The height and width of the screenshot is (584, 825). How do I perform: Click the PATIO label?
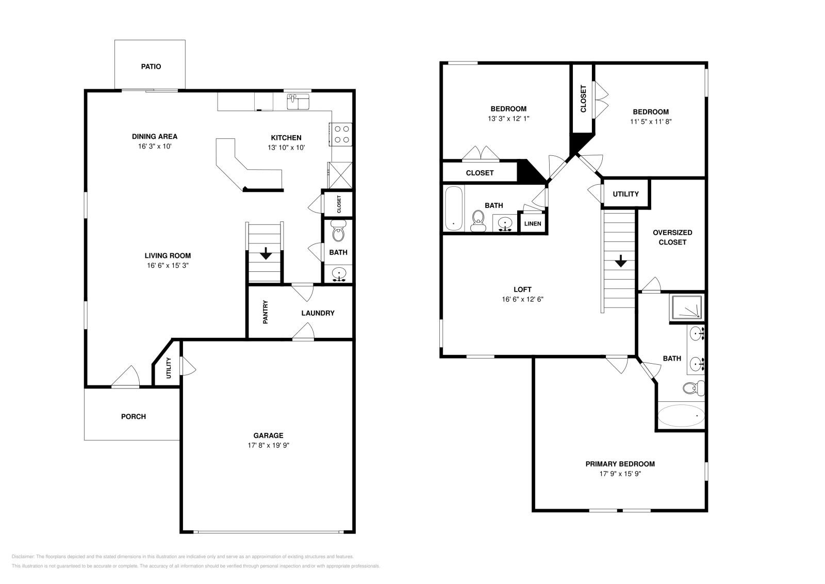coord(151,67)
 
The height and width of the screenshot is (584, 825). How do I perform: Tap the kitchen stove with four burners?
coord(341,134)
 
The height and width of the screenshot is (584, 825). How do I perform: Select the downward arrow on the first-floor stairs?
coord(266,253)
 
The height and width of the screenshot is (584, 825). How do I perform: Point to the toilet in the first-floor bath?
coord(338,232)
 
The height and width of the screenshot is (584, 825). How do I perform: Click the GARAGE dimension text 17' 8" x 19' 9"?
coord(268,446)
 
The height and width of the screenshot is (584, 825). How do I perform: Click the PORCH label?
coord(134,416)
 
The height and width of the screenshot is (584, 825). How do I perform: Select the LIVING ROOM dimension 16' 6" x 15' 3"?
coord(168,266)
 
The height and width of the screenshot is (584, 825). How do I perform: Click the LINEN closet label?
coord(533,224)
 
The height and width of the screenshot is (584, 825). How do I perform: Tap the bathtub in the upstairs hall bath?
coord(453,208)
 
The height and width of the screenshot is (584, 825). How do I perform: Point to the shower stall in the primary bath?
coord(687,308)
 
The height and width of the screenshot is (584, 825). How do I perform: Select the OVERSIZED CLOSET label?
coord(672,237)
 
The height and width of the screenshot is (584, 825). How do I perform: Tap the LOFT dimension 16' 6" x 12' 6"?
coord(522,299)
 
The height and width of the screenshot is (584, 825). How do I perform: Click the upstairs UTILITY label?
coord(625,194)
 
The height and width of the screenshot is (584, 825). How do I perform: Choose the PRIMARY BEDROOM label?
coord(620,464)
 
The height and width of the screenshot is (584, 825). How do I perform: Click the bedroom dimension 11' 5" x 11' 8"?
coord(651,122)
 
